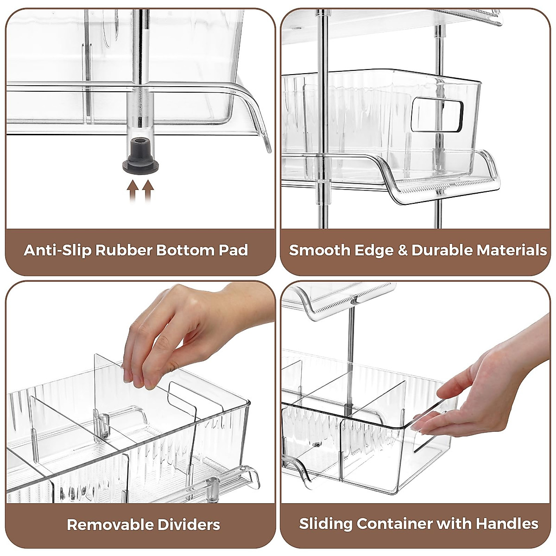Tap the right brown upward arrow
click(148, 190)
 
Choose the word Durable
click(442, 250)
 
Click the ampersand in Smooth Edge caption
click(400, 250)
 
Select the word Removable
click(110, 524)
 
